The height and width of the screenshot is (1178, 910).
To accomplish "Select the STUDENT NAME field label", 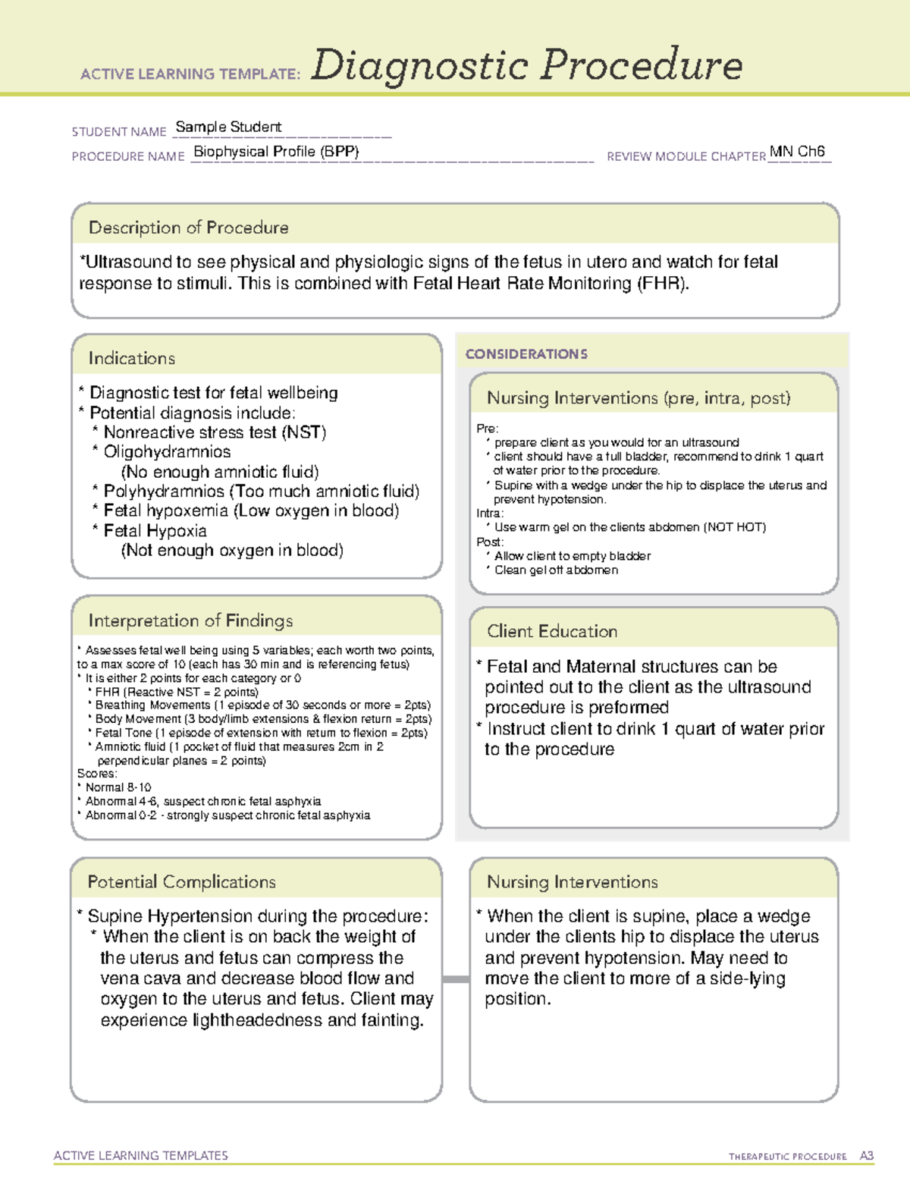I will coord(119,132).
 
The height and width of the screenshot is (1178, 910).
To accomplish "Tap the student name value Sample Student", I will coord(228,127).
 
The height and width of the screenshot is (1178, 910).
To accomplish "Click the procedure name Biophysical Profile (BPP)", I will coord(276,152).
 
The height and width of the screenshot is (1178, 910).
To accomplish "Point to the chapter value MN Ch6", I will coord(797,151).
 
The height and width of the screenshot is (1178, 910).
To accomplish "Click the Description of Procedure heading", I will coord(188,228).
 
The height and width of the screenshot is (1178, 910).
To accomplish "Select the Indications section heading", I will coord(132,358).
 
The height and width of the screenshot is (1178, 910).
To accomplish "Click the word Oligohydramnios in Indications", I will coord(167,452).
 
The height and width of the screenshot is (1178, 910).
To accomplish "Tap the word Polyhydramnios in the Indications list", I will coord(165,492).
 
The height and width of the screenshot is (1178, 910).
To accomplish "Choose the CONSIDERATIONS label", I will coord(526,354).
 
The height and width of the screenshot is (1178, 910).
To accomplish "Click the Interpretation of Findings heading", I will coord(190,620).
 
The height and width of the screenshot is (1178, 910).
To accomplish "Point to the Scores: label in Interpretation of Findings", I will coord(97,774).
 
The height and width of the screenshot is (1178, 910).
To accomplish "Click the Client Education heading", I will coord(552,631).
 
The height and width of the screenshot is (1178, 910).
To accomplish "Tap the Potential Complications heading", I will coord(181,882).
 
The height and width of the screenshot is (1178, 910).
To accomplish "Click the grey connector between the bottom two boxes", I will coord(456,979).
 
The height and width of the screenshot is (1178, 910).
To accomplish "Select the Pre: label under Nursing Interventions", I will coord(487,429).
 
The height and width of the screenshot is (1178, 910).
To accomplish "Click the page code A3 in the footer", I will coord(867,1156).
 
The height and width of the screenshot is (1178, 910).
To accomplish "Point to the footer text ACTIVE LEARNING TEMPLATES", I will coord(141,1155).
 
